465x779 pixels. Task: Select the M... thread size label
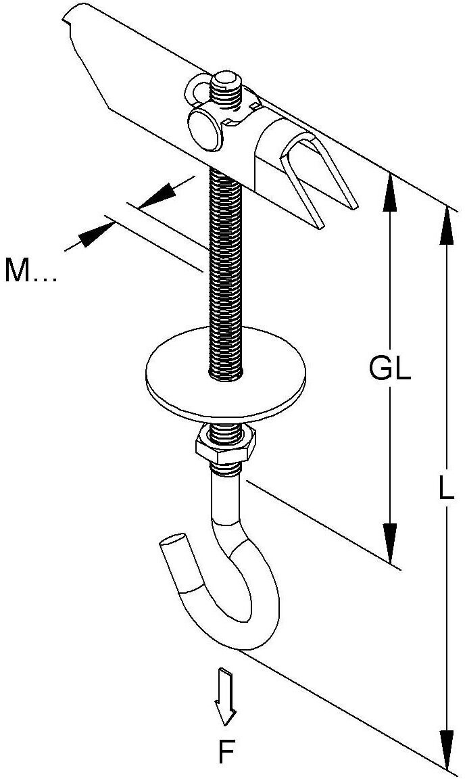click(x=31, y=270)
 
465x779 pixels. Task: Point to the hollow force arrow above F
click(x=224, y=697)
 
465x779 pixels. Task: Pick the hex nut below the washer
click(x=225, y=443)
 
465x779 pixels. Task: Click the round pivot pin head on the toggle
click(x=205, y=130)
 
